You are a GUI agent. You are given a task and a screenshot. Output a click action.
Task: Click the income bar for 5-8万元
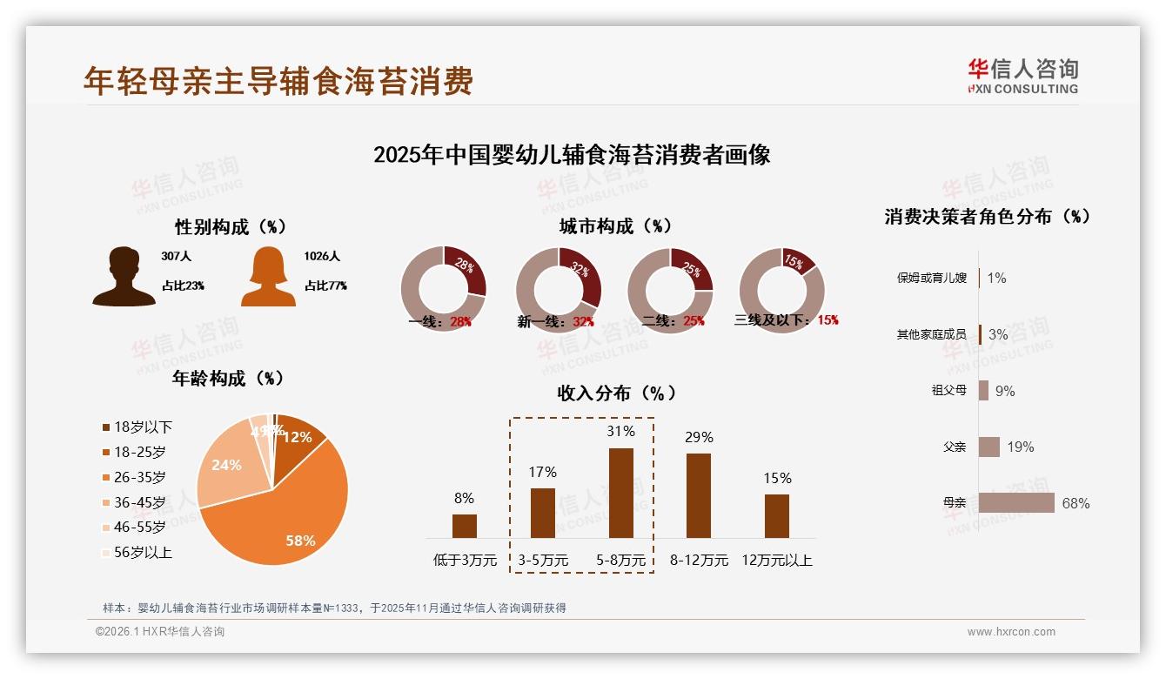[620, 493]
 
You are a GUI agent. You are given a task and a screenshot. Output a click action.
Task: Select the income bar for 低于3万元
[464, 526]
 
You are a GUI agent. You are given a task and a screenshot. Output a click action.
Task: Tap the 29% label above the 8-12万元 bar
[699, 437]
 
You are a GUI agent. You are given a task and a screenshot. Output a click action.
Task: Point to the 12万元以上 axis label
[777, 561]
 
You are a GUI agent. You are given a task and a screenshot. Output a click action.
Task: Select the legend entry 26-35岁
[139, 477]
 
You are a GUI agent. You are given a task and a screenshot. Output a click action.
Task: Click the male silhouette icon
[124, 277]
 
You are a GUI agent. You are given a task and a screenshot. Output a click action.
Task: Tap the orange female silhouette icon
[268, 277]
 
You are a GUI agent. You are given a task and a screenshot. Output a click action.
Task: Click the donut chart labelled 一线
[443, 289]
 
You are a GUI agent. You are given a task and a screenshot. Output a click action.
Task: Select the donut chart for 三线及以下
[781, 290]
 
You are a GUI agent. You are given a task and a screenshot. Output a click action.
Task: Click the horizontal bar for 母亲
[1016, 503]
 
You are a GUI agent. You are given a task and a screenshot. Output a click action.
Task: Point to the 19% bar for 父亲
[989, 447]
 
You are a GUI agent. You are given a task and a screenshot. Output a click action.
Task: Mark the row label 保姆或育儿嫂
[931, 279]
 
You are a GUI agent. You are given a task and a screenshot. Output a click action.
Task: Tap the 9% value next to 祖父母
[1005, 391]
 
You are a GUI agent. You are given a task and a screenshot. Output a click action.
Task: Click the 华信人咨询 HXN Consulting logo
[1023, 77]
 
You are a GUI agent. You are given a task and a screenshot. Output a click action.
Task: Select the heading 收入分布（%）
[617, 393]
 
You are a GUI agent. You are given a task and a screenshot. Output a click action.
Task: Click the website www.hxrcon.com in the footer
[1011, 632]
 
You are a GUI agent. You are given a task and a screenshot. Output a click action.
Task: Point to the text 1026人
[322, 256]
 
